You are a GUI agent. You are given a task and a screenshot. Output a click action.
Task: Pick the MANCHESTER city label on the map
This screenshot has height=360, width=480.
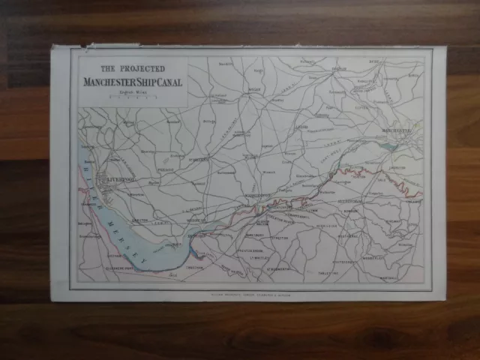tap(397, 132)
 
